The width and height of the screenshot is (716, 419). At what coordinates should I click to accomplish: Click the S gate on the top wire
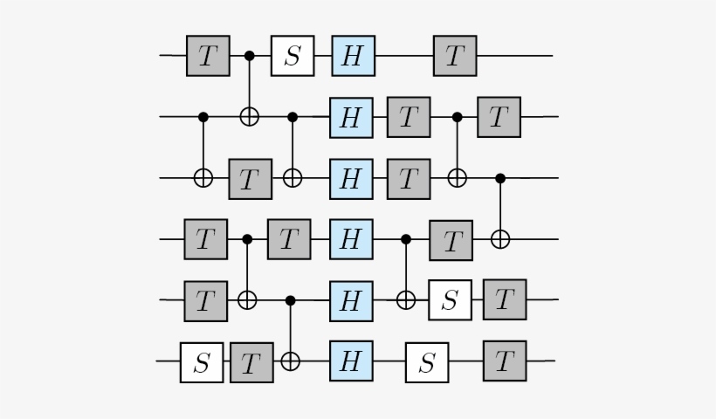tap(292, 56)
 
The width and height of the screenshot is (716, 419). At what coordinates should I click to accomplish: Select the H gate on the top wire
tap(353, 56)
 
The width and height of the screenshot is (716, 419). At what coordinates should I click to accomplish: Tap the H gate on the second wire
tap(351, 117)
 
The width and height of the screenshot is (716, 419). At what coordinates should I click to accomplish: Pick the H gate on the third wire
tap(351, 178)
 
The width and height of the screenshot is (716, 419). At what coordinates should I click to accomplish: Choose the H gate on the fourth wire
tap(351, 239)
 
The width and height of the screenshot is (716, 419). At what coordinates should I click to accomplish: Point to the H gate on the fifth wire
tap(351, 300)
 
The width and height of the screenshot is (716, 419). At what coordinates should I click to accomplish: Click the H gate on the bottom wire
tap(351, 361)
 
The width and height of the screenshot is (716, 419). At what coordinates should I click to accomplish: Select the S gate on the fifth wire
tap(450, 300)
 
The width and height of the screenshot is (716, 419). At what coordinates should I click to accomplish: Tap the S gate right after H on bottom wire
tap(427, 361)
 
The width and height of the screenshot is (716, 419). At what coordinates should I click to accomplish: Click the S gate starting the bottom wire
tap(202, 361)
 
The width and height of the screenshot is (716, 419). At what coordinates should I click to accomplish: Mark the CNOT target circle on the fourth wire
tap(499, 238)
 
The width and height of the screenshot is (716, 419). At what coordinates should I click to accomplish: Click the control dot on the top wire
tap(249, 56)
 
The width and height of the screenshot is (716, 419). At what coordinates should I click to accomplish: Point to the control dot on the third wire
tap(500, 178)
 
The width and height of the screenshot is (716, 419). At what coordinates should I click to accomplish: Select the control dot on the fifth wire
tap(291, 300)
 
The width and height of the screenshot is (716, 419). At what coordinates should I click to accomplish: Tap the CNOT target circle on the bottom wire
tap(291, 361)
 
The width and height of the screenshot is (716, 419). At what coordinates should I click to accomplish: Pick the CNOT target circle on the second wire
tap(249, 116)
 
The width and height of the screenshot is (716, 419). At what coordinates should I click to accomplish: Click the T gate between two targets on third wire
tap(250, 179)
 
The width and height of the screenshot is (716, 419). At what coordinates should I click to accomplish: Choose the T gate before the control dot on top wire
tap(208, 56)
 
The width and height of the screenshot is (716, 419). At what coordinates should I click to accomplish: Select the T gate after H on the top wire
tap(455, 56)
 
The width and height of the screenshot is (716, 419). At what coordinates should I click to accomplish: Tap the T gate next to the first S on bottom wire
tap(251, 361)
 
